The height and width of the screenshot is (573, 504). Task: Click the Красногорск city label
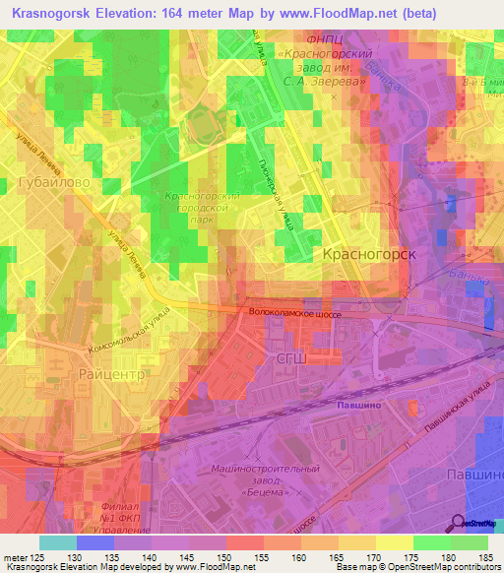tap(370, 254)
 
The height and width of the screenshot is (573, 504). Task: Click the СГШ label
tap(292, 361)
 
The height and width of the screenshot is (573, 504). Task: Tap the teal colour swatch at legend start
tap(57, 542)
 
